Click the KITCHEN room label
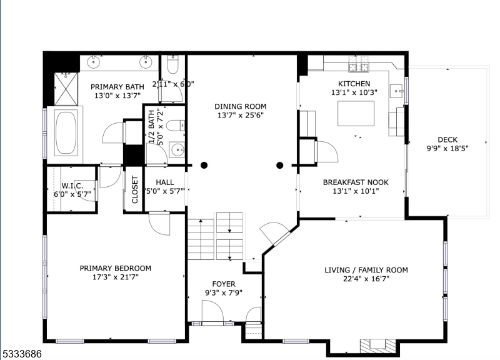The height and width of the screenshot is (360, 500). coord(354,83)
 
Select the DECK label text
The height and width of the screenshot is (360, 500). coord(447,139)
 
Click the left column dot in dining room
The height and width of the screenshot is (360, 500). coord(204,166)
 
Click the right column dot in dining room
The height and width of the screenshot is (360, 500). coord(280,166)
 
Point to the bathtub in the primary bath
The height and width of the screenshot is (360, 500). coord(66,132)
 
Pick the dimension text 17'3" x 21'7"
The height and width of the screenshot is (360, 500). coord(115,278)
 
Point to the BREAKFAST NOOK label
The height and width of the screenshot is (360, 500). coord(356,182)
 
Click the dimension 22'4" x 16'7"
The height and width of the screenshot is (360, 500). coord(366,280)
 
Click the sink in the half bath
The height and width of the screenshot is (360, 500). coord(177,150)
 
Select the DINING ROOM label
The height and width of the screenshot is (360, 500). coord(241,106)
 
